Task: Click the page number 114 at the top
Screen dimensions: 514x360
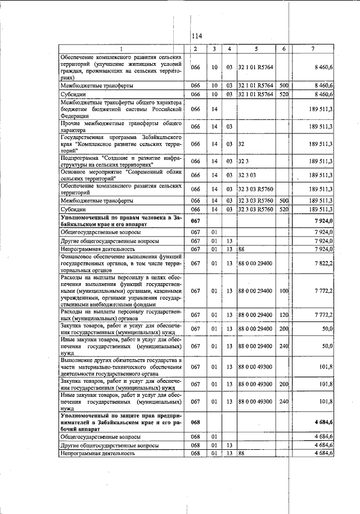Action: click(196, 36)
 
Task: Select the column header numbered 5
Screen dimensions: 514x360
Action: click(256, 49)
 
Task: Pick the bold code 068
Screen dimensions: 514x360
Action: click(196, 422)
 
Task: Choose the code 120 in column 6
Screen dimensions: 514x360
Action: click(283, 314)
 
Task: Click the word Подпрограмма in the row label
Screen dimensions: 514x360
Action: click(81, 158)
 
